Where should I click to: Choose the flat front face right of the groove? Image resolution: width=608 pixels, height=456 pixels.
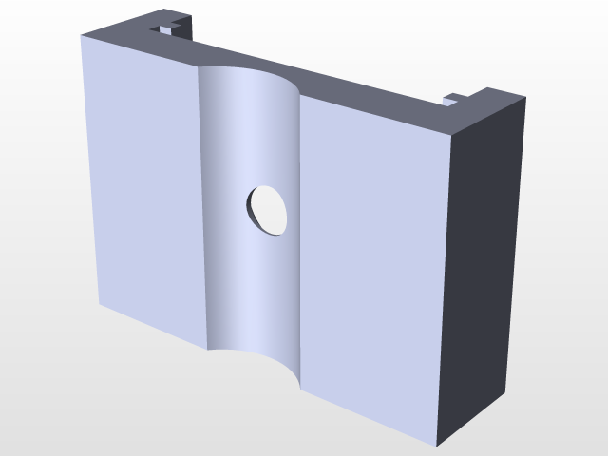click(x=370, y=256)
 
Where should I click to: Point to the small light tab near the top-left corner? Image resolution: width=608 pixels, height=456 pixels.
click(x=166, y=29)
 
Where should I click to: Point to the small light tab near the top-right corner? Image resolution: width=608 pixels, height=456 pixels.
click(x=454, y=98)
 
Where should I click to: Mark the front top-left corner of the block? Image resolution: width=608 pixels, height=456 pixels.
click(x=82, y=36)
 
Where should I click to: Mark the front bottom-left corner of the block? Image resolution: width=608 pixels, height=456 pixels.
click(x=100, y=304)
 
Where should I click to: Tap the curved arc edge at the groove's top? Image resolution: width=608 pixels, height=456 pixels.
click(x=249, y=71)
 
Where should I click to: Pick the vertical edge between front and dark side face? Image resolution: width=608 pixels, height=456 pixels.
click(x=443, y=285)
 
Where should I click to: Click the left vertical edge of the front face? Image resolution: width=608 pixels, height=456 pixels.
click(x=90, y=171)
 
